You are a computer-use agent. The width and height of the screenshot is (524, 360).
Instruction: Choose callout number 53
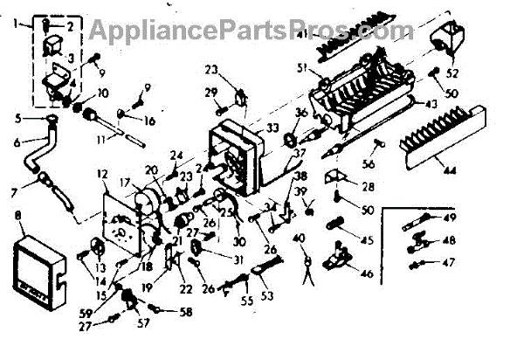[x=266, y=295]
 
